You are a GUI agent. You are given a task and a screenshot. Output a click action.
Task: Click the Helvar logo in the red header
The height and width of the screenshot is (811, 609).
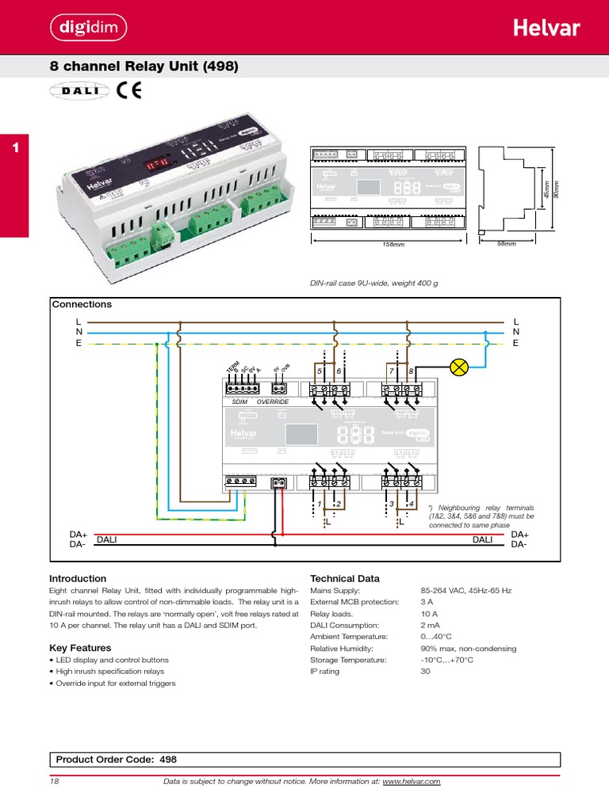click(x=546, y=29)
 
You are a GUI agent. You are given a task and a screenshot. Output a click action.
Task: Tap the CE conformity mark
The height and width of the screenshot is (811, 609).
click(x=128, y=91)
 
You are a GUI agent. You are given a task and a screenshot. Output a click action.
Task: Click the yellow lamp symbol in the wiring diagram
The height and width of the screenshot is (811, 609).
click(x=458, y=367)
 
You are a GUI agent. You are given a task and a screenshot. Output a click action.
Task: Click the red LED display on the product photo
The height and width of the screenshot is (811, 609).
click(x=155, y=164)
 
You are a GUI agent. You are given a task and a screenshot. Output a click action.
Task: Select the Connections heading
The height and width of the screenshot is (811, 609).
click(x=82, y=304)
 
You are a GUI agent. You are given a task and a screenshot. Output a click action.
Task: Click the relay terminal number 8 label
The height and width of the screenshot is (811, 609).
click(x=411, y=371)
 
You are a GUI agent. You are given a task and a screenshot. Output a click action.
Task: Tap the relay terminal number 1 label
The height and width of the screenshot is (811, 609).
click(x=319, y=504)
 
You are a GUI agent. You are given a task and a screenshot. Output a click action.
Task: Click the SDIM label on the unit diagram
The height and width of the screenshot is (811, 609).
click(x=239, y=402)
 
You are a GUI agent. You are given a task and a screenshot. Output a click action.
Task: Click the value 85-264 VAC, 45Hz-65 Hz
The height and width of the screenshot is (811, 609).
click(x=465, y=591)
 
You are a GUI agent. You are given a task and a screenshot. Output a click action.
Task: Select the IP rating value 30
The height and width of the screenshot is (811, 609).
click(x=425, y=671)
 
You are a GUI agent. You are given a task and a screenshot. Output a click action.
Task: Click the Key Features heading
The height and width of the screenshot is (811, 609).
click(x=80, y=648)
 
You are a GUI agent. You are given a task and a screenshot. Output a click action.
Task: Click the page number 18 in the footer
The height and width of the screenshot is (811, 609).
click(x=55, y=782)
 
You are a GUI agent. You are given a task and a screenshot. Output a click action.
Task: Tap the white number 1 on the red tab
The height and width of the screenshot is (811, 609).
click(x=14, y=147)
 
